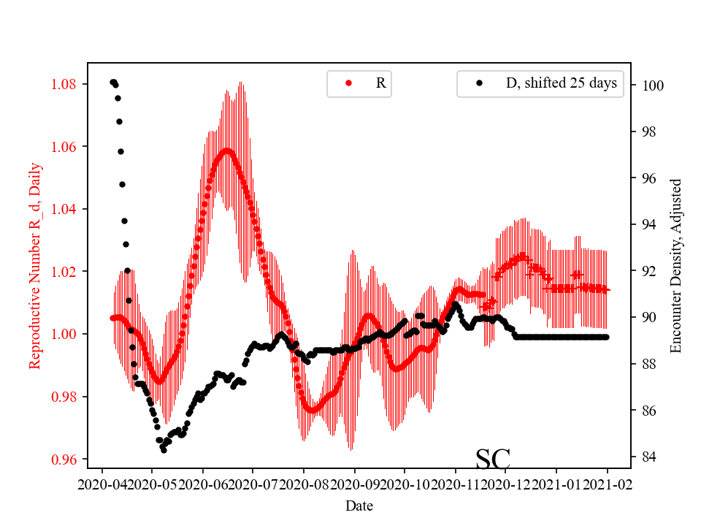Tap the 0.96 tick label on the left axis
point(66,460)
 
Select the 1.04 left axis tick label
point(66,209)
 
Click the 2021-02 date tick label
point(607,484)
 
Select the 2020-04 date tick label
point(101,484)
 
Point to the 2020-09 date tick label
point(355,484)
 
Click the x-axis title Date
point(359,506)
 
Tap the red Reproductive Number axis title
point(34,265)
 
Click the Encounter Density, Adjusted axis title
point(676,265)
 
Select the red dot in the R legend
point(348,83)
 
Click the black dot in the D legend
point(479,83)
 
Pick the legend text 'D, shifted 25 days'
point(562,83)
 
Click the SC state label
point(493,459)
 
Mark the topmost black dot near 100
point(112,82)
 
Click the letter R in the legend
point(380,83)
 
